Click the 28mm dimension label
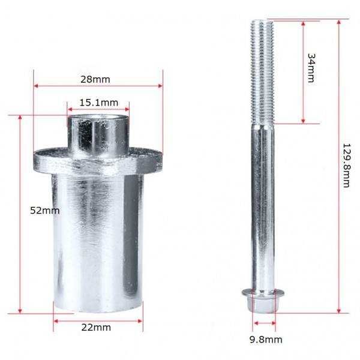(x=95, y=79)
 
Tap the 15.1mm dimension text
(x=99, y=103)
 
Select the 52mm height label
(x=45, y=211)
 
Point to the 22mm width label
(x=96, y=328)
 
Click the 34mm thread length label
(x=311, y=68)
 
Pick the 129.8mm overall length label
(x=346, y=166)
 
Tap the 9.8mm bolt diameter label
(x=266, y=340)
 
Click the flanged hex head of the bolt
(x=263, y=301)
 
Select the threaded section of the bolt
(x=262, y=73)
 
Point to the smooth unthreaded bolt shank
(x=263, y=206)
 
